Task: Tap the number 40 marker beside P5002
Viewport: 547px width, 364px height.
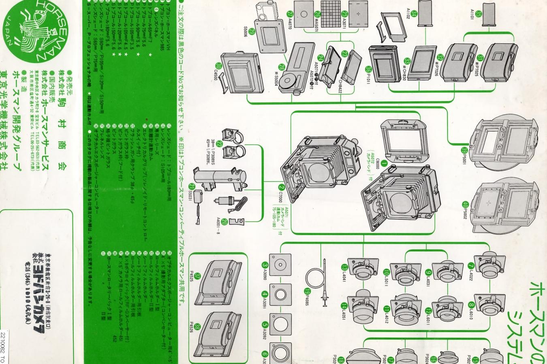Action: click(465, 205)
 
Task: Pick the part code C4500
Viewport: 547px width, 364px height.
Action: click(216, 73)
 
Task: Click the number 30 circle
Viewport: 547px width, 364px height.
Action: click(219, 66)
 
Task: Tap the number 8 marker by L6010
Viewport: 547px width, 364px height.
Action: click(471, 306)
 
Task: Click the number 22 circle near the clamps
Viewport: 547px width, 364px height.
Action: click(220, 144)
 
